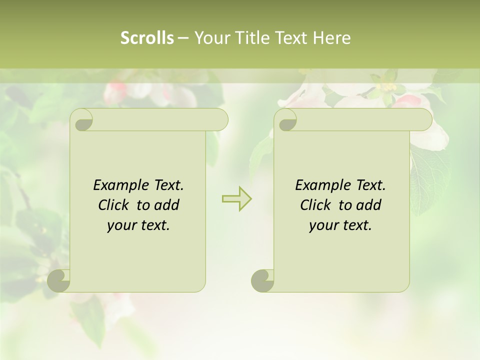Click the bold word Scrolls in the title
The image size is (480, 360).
(x=147, y=38)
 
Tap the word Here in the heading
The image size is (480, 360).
(x=331, y=38)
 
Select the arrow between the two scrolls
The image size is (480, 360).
(x=236, y=199)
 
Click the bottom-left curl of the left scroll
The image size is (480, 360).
(x=59, y=280)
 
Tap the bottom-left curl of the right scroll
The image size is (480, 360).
(x=262, y=280)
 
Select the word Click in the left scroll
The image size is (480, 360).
(x=113, y=205)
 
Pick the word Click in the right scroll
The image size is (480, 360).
(x=315, y=205)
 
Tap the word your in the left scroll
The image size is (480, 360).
(x=120, y=225)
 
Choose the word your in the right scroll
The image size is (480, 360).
(x=322, y=225)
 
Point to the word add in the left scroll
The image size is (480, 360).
(x=167, y=205)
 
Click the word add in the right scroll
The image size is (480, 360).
(x=369, y=205)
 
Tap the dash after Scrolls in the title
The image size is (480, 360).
(x=183, y=38)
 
